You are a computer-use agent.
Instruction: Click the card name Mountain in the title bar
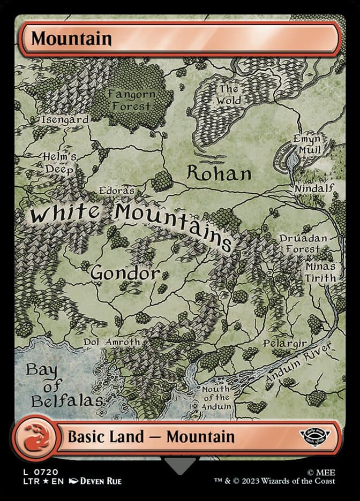71,39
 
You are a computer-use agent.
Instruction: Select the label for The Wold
229,95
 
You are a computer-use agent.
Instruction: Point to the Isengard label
65,120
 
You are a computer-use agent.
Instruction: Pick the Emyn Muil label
307,144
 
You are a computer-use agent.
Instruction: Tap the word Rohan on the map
219,173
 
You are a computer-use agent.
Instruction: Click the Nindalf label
314,188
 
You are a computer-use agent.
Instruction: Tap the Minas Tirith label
320,272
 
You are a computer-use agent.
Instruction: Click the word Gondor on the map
125,273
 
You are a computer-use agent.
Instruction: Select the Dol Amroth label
111,341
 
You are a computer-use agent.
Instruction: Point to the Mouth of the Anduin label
216,398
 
